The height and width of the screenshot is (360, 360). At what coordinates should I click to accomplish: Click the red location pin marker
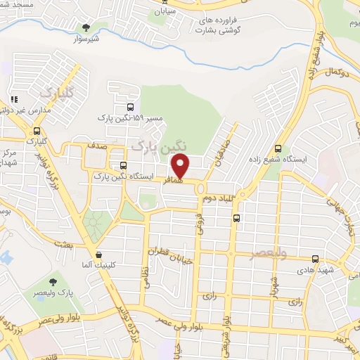181,165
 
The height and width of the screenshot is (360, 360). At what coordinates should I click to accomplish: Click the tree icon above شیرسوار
86,28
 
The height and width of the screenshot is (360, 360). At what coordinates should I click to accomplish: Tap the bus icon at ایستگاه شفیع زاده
279,148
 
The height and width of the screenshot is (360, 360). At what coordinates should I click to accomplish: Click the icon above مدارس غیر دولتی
13,99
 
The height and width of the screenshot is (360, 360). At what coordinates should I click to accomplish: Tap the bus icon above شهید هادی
316,259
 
